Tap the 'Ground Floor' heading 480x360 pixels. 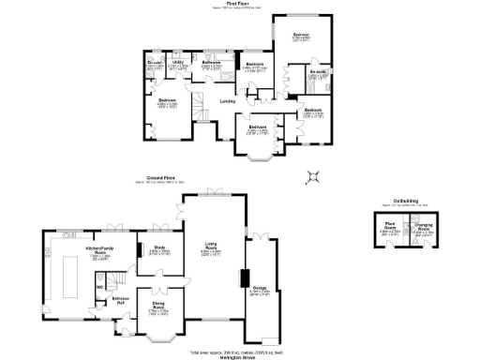[163, 176]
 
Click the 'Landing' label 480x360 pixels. [227, 100]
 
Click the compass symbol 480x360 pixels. [316, 174]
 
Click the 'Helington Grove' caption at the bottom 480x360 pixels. [240, 357]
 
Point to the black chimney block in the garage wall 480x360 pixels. [243, 278]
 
